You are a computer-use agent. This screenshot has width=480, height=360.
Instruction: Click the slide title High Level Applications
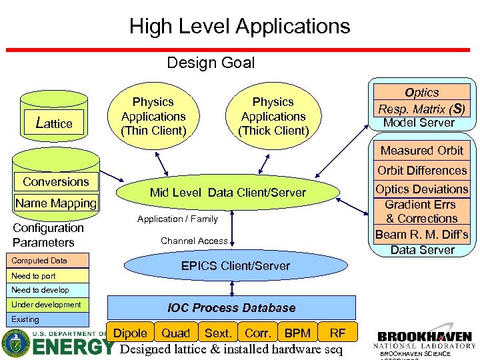coord(239,26)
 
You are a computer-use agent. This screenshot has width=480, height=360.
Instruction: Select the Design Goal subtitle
coord(211,63)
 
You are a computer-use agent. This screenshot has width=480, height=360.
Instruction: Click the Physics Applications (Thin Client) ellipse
coord(153,116)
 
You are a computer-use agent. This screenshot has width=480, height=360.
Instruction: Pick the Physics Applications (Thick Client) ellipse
coord(273,116)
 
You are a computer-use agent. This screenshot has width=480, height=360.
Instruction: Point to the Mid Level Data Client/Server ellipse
coord(227,193)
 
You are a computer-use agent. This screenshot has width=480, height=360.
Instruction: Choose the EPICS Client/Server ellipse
coord(235,265)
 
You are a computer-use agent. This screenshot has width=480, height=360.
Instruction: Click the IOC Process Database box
coord(231,308)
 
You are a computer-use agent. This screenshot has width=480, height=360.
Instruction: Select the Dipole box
coord(131,333)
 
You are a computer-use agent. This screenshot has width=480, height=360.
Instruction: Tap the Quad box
coord(176,333)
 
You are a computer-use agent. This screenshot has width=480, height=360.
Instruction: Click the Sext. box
coord(217,333)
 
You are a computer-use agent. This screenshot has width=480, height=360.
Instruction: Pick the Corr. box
coord(257,333)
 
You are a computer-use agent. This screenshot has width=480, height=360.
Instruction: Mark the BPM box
coord(297,333)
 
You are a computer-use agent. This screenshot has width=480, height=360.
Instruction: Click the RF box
coord(338,333)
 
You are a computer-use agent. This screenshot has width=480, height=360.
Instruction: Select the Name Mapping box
coord(55,203)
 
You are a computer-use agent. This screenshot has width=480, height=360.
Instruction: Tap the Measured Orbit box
coord(421,151)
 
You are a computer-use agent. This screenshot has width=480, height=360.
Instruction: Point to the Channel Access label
coord(194,241)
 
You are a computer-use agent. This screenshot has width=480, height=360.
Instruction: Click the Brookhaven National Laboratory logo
coord(424,341)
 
